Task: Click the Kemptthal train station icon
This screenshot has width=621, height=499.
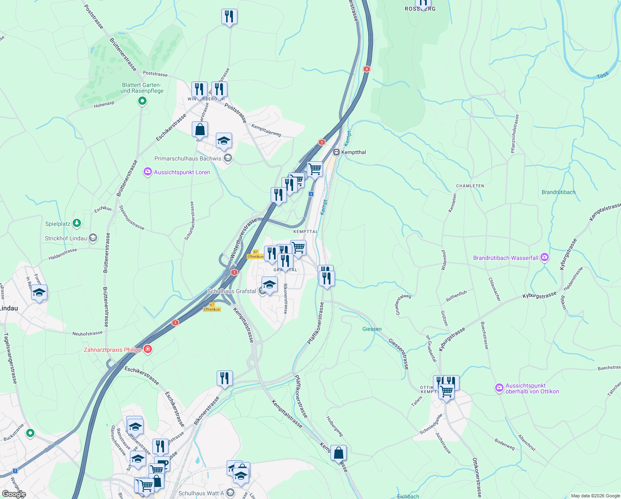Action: click(337, 152)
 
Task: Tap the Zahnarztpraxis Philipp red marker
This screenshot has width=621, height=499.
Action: click(147, 349)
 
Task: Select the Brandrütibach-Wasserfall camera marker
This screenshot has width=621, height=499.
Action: click(545, 258)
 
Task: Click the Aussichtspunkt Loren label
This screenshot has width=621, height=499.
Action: click(182, 172)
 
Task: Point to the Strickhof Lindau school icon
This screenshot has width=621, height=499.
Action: click(93, 238)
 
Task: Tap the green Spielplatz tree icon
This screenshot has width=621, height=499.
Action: click(76, 224)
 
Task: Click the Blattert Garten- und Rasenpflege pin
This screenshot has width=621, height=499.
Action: click(142, 101)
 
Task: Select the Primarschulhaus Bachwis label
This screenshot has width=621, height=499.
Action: click(188, 158)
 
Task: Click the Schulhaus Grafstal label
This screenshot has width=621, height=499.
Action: click(232, 291)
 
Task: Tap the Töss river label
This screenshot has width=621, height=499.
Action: click(602, 75)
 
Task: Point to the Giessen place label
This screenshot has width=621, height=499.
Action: click(372, 329)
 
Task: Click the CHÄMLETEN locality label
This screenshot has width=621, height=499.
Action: click(470, 186)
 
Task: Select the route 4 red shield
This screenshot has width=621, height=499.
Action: click(366, 69)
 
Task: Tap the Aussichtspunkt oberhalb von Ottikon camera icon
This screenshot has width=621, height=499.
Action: click(499, 388)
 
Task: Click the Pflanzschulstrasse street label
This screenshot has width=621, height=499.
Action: click(515, 134)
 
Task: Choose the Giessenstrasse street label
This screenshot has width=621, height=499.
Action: click(399, 353)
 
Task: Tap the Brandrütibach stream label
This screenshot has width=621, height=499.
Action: click(558, 192)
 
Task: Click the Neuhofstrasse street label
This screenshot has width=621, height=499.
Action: click(87, 333)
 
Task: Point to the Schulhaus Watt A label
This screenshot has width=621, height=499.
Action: click(201, 493)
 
